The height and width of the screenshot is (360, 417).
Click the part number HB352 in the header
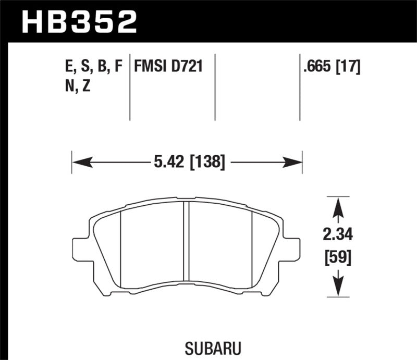(78, 22)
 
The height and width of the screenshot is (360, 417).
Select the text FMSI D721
(168, 66)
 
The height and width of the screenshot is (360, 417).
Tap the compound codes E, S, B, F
(91, 66)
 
